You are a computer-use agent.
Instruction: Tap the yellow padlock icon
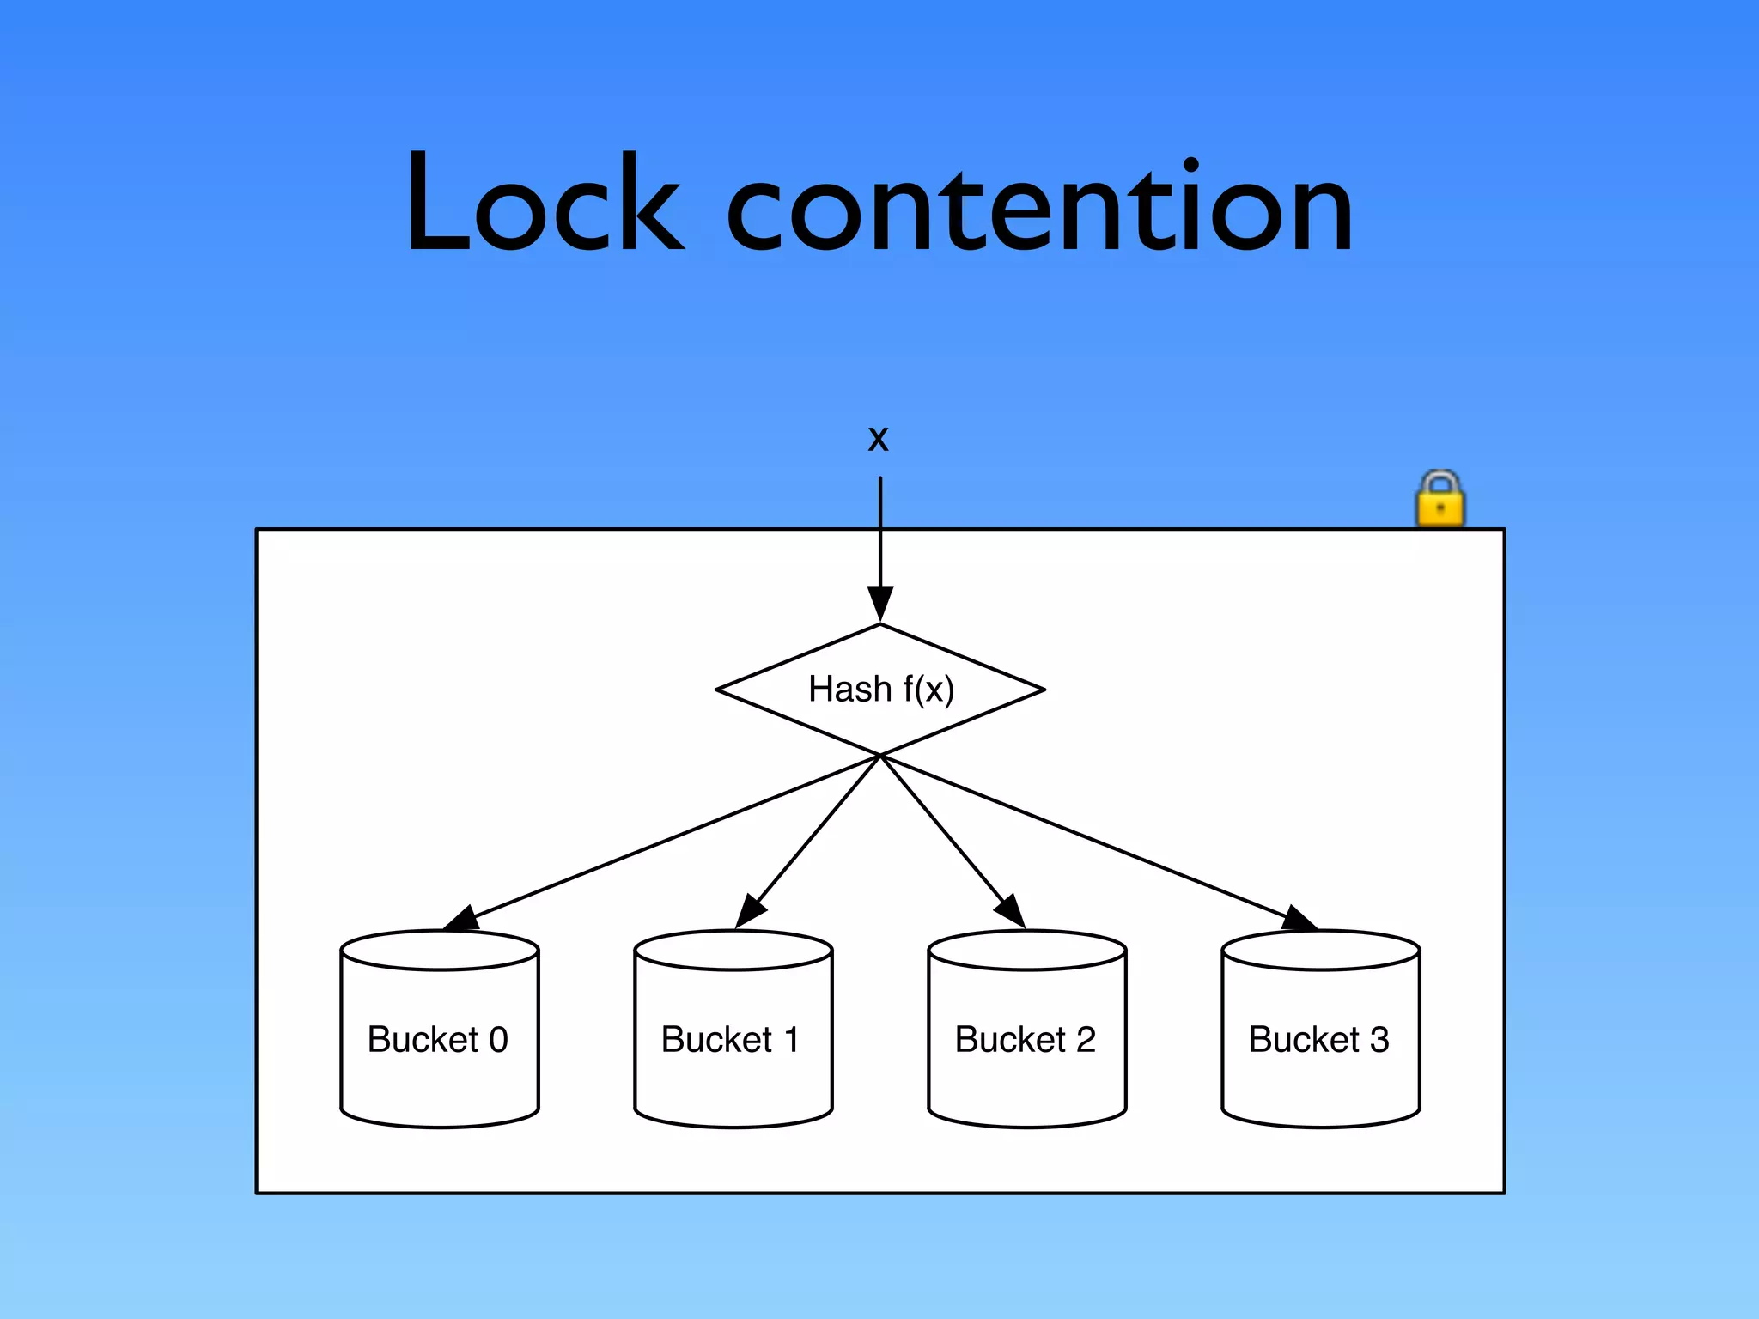tap(1440, 501)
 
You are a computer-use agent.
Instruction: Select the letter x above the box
tap(878, 438)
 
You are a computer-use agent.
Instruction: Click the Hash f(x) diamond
tap(880, 690)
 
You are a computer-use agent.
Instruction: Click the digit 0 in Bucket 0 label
tap(498, 1040)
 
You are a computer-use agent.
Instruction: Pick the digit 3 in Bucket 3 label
tap(1379, 1040)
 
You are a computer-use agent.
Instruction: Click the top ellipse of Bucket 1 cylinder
tap(733, 951)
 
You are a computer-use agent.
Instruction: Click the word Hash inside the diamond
tap(849, 689)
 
